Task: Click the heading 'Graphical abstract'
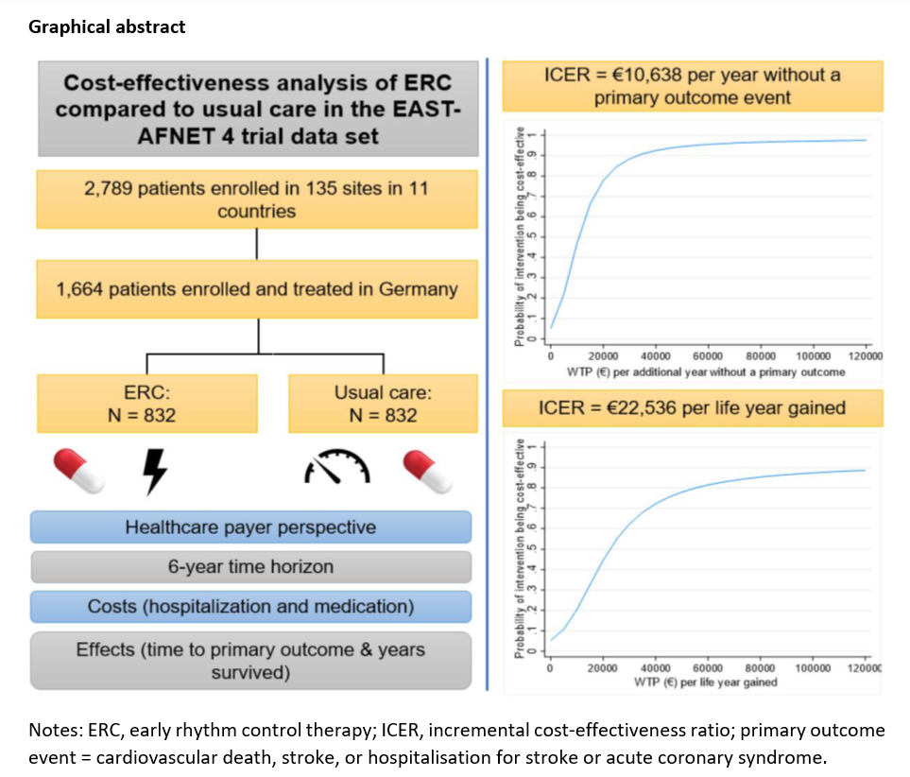point(107,26)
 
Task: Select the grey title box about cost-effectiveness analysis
point(257,109)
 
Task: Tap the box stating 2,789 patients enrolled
point(257,199)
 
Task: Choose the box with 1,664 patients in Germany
point(257,288)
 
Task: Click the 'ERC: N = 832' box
point(146,403)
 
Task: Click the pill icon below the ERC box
point(79,471)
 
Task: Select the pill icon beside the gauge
point(429,471)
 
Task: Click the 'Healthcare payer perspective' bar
point(250,527)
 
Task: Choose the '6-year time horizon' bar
point(250,567)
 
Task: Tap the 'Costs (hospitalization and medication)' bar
point(250,607)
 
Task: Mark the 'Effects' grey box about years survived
point(250,661)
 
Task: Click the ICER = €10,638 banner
point(693,85)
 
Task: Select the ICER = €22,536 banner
point(693,408)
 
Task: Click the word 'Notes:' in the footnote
point(54,731)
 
